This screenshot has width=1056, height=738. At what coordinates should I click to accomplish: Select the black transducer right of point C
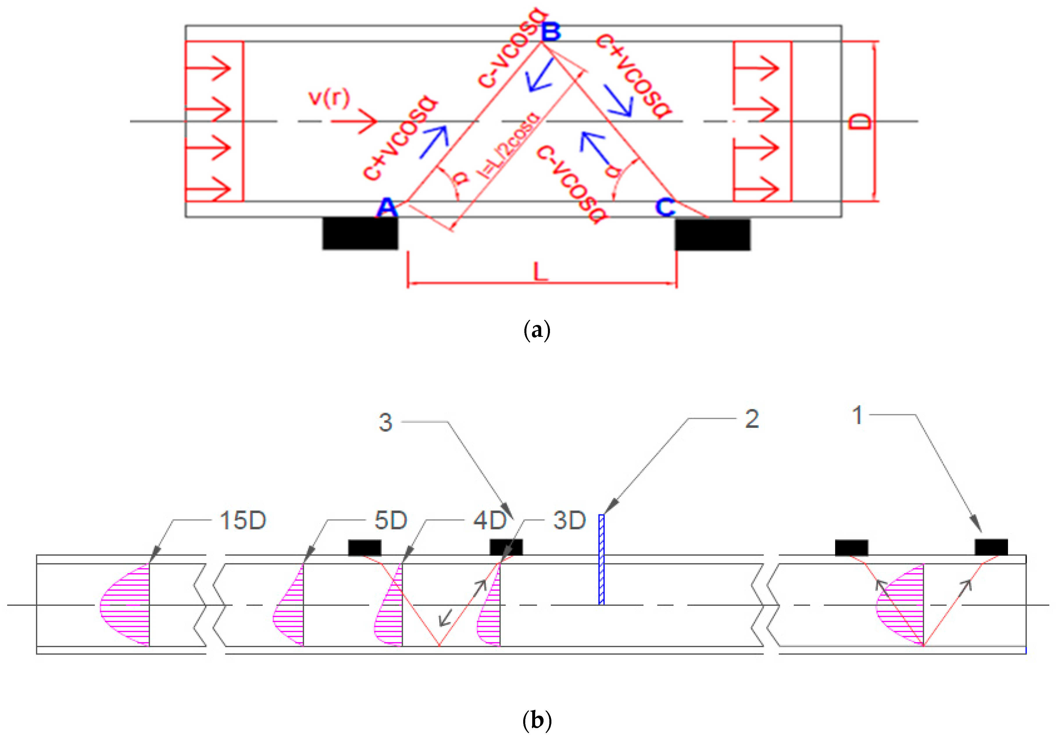(x=712, y=235)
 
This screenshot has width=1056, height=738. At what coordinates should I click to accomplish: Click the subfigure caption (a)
(x=537, y=330)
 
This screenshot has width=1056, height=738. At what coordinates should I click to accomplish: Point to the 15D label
(x=243, y=521)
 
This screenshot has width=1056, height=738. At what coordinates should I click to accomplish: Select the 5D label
(x=390, y=521)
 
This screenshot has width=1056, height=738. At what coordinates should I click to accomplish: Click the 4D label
(x=489, y=521)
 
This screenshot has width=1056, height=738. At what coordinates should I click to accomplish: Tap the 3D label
(x=569, y=521)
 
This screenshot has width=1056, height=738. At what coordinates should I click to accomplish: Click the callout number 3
(x=385, y=422)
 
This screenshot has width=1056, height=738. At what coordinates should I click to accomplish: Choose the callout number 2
(x=752, y=419)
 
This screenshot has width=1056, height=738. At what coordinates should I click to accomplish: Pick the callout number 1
(x=857, y=415)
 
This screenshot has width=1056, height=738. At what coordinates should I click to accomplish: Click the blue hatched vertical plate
(x=601, y=560)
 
